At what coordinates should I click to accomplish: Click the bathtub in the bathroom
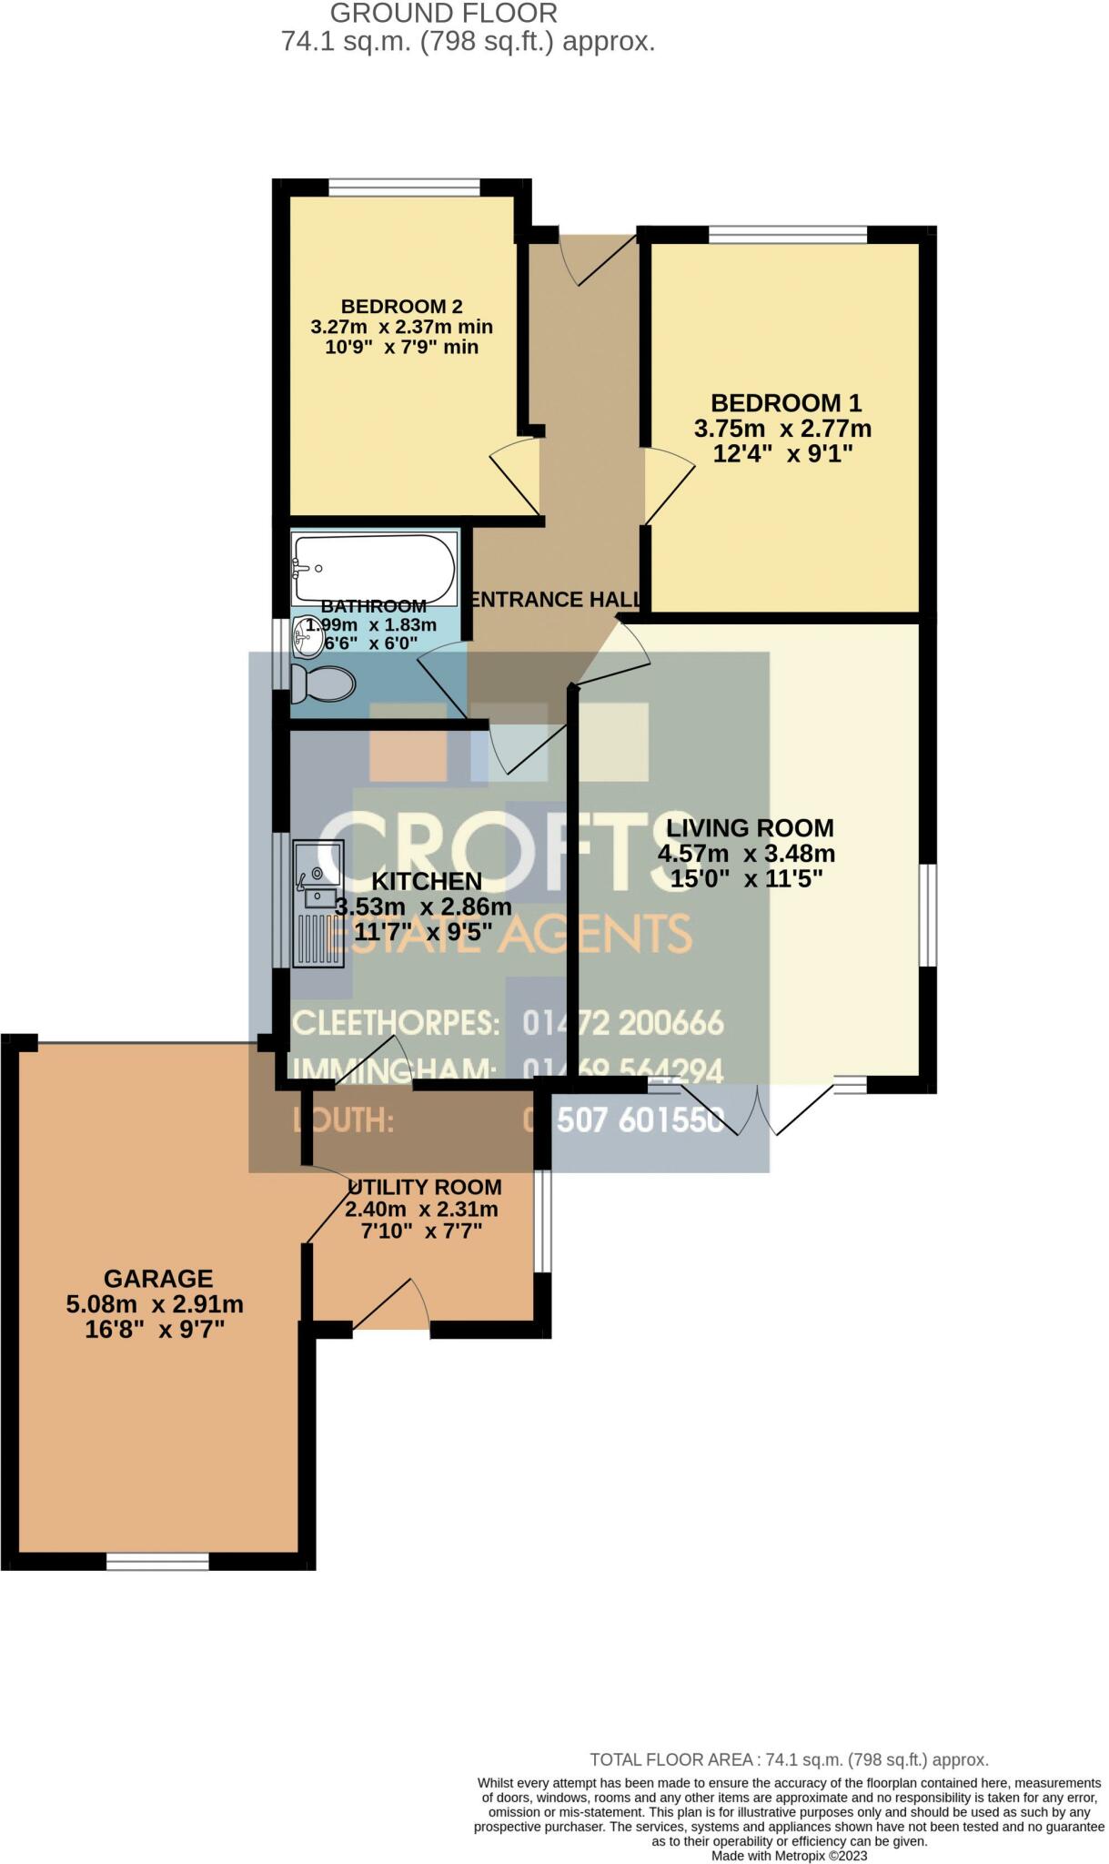(x=374, y=569)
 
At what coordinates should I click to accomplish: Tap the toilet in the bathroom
(x=324, y=684)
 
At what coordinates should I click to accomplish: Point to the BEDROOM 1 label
(x=786, y=402)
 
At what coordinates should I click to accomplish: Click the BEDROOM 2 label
(x=401, y=306)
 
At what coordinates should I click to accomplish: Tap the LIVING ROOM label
(x=750, y=828)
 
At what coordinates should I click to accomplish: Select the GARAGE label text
(x=158, y=1279)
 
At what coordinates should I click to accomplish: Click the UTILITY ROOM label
(x=425, y=1187)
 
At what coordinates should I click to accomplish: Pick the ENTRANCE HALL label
(x=554, y=600)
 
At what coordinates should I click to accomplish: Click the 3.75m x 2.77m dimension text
(x=782, y=429)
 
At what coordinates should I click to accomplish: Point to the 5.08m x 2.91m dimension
(x=155, y=1304)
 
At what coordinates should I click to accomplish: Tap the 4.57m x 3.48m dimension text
(x=746, y=854)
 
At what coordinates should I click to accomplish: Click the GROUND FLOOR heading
(x=443, y=14)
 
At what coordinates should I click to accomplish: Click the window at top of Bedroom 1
(x=788, y=235)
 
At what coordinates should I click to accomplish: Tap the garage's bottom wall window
(x=157, y=1562)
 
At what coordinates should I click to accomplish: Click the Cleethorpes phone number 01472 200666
(x=623, y=1023)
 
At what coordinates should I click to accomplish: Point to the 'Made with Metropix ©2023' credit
(x=789, y=1856)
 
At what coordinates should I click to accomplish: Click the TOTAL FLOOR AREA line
(x=789, y=1760)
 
